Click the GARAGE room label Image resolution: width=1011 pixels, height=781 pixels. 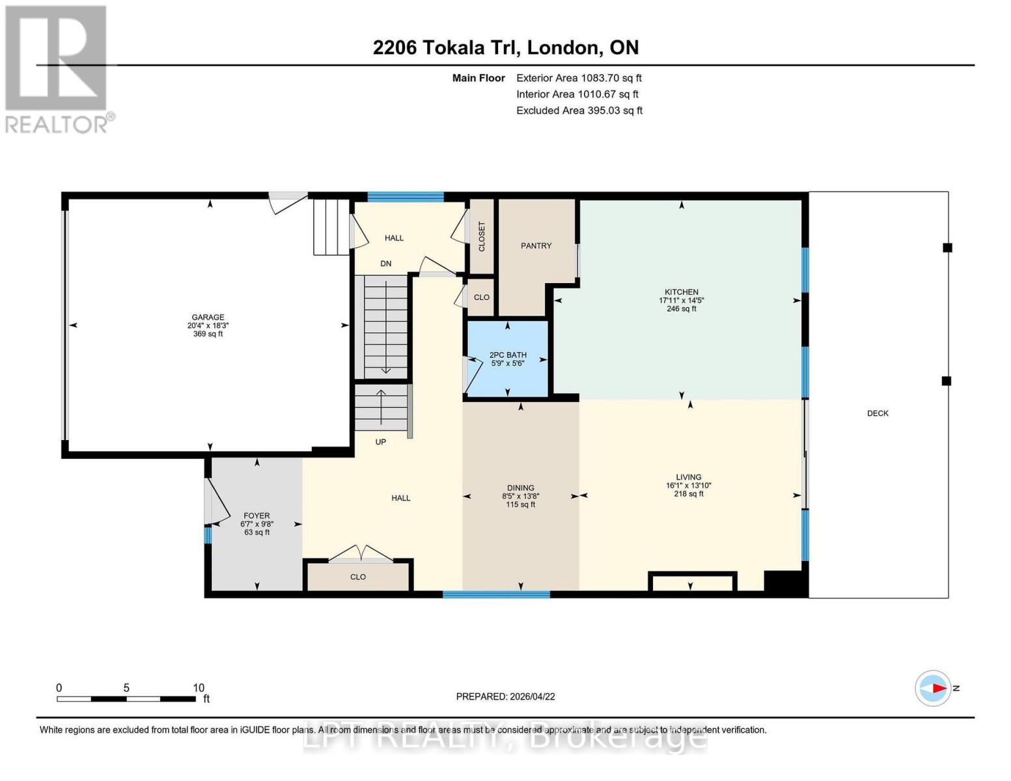pyautogui.click(x=208, y=318)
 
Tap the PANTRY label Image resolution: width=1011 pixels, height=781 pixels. pyautogui.click(x=536, y=246)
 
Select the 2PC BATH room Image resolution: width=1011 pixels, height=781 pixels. pyautogui.click(x=508, y=359)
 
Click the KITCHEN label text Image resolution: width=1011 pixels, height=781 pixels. pyautogui.click(x=681, y=292)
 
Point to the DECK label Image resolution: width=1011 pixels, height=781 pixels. pyautogui.click(x=878, y=413)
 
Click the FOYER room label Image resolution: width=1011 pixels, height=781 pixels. pyautogui.click(x=256, y=516)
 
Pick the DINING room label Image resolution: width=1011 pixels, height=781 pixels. pyautogui.click(x=520, y=488)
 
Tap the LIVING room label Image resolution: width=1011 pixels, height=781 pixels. pyautogui.click(x=688, y=477)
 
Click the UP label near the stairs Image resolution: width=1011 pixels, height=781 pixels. pyautogui.click(x=381, y=442)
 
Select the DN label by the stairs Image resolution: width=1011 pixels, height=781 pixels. pyautogui.click(x=386, y=264)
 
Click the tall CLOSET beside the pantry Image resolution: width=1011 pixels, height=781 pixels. pyautogui.click(x=482, y=237)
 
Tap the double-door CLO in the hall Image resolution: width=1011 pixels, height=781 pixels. pyautogui.click(x=358, y=577)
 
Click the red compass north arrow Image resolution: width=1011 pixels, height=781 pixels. pyautogui.click(x=938, y=688)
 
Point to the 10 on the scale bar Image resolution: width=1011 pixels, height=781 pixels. pyautogui.click(x=199, y=688)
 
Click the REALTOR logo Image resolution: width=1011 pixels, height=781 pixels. pyautogui.click(x=57, y=68)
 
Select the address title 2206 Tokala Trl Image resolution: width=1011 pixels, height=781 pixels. pyautogui.click(x=505, y=48)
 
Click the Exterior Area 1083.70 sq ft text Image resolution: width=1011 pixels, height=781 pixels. pyautogui.click(x=579, y=78)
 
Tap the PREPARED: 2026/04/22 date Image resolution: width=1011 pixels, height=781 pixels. pyautogui.click(x=505, y=696)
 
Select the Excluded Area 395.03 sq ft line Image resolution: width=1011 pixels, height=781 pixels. pyautogui.click(x=579, y=111)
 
